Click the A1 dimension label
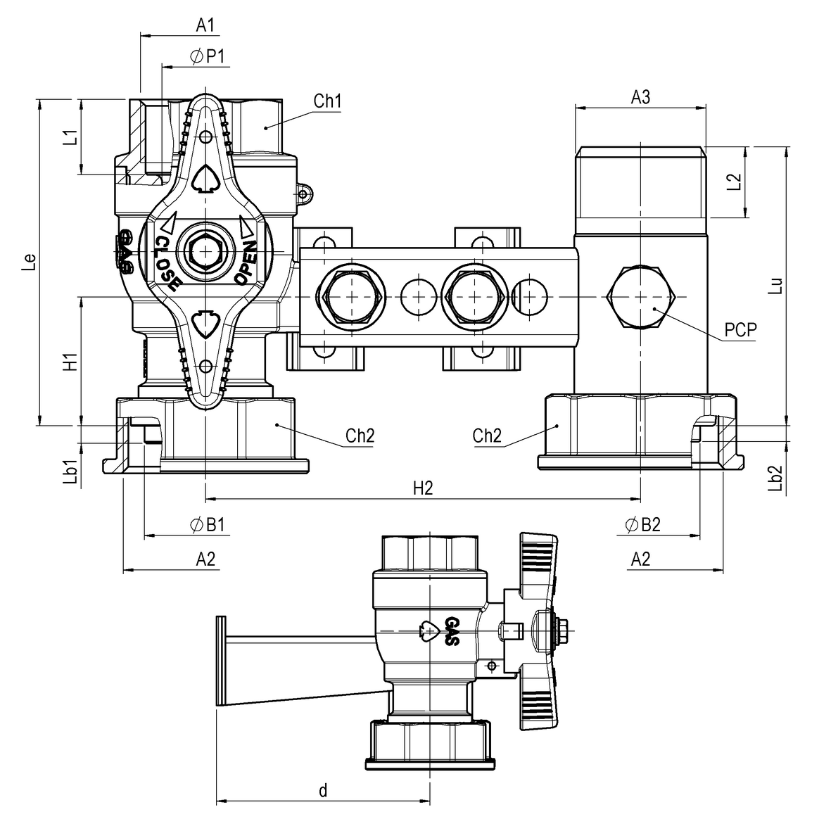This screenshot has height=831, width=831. (205, 25)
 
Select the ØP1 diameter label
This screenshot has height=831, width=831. (208, 57)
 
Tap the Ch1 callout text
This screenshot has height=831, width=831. (328, 101)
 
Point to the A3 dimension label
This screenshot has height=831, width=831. (640, 97)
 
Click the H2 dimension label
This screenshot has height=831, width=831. (422, 489)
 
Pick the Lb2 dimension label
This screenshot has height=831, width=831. (776, 478)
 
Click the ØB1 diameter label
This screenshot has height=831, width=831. (207, 525)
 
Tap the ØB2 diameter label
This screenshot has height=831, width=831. (642, 525)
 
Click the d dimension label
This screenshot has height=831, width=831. (323, 790)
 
